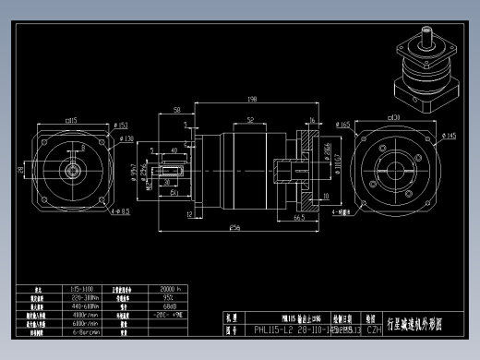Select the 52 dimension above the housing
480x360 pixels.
(x=250, y=119)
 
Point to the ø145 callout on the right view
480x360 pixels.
(x=450, y=137)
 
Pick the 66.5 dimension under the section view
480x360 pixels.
(x=299, y=219)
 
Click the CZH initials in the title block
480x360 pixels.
(x=374, y=328)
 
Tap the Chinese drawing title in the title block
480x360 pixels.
(x=415, y=322)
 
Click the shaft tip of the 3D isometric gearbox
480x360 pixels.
(x=426, y=35)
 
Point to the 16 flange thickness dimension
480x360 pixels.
(x=313, y=120)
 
